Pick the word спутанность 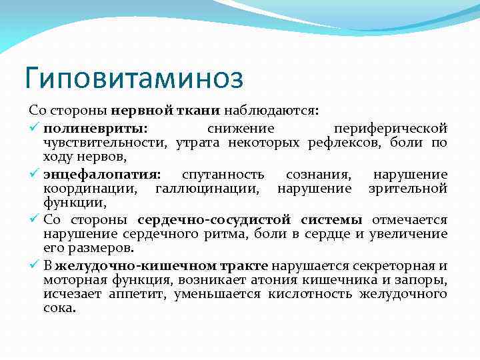[x=223, y=175]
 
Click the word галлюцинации [x=206, y=189]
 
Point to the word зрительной [x=407, y=189]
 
